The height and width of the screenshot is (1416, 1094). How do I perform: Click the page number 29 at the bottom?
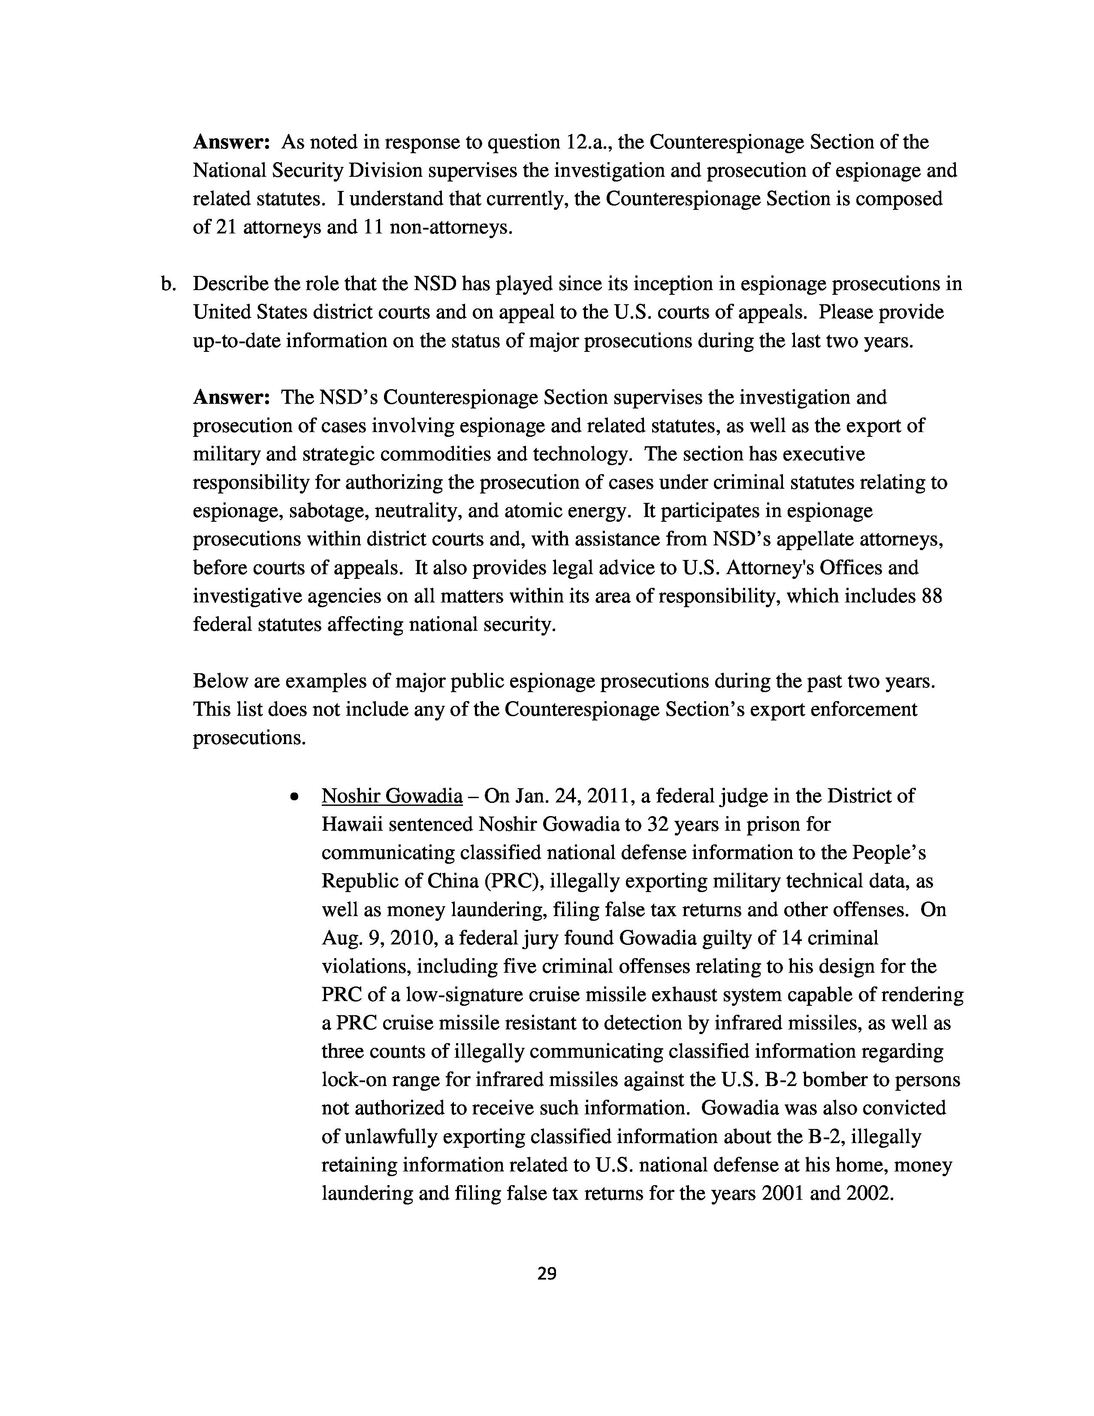click(x=547, y=1274)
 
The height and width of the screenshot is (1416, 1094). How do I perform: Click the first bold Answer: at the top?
click(x=231, y=142)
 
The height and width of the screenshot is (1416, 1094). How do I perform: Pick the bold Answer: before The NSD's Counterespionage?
click(x=231, y=397)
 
